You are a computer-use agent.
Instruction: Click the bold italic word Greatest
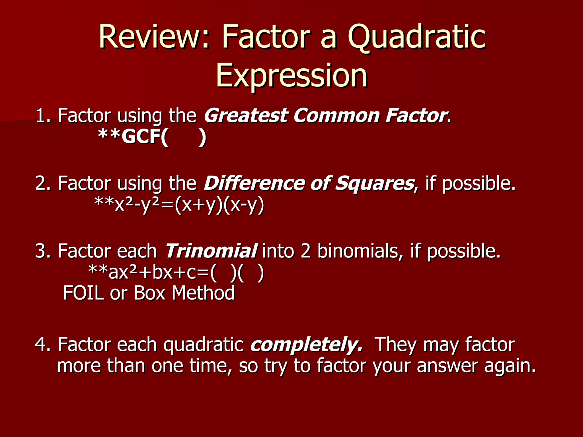click(245, 116)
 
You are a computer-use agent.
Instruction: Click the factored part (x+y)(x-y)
click(219, 205)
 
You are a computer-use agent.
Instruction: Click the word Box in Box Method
click(149, 293)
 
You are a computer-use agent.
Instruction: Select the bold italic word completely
click(306, 345)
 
